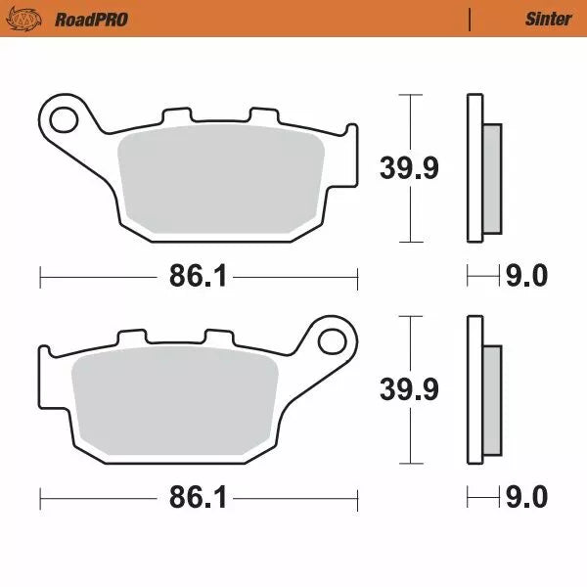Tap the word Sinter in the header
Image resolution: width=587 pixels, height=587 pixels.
tap(548, 19)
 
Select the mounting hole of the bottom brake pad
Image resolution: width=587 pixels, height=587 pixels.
tap(332, 342)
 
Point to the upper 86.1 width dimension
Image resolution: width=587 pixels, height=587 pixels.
tap(198, 278)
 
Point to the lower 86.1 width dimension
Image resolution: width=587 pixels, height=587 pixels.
tap(198, 500)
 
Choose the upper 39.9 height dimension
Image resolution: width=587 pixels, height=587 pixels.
tap(410, 167)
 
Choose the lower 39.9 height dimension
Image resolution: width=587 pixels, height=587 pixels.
tap(410, 388)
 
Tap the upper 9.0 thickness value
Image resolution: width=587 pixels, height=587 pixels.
tap(525, 278)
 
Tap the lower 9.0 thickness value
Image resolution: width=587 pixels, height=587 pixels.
tap(525, 500)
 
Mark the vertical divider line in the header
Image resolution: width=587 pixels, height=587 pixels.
tap(471, 19)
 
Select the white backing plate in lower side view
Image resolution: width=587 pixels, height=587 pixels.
tap(475, 388)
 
